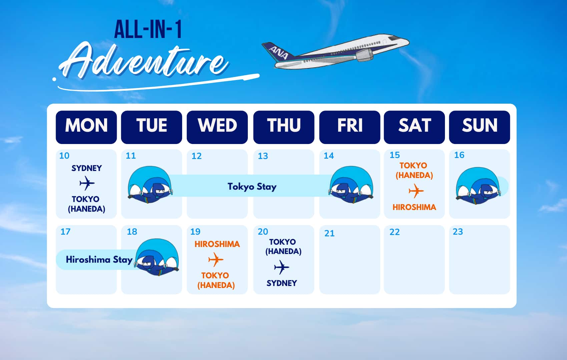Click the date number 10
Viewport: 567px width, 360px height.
[x=64, y=156]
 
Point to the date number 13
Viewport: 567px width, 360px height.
[x=263, y=156]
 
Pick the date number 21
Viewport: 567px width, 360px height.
[x=329, y=233]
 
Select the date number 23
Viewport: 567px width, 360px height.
[x=458, y=232]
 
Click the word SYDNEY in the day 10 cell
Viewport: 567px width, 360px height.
[x=87, y=168]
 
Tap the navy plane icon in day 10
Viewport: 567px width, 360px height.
[x=87, y=183]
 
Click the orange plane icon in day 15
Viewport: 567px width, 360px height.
[x=416, y=191]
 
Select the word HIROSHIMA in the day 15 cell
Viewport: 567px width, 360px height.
[x=414, y=207]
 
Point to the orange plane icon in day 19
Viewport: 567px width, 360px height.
[x=216, y=260]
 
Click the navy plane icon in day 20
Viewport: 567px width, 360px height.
[x=281, y=267]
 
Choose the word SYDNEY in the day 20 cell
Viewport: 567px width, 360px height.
[x=282, y=283]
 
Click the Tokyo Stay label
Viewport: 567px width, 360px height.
[x=252, y=187]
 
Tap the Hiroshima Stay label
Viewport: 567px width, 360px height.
[x=99, y=260]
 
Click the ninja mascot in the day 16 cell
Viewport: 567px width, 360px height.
[x=478, y=186]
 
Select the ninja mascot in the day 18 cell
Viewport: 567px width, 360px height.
[x=157, y=257]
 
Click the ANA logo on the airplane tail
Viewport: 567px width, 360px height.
[x=279, y=53]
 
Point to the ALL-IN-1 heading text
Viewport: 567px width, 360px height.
[x=148, y=30]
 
